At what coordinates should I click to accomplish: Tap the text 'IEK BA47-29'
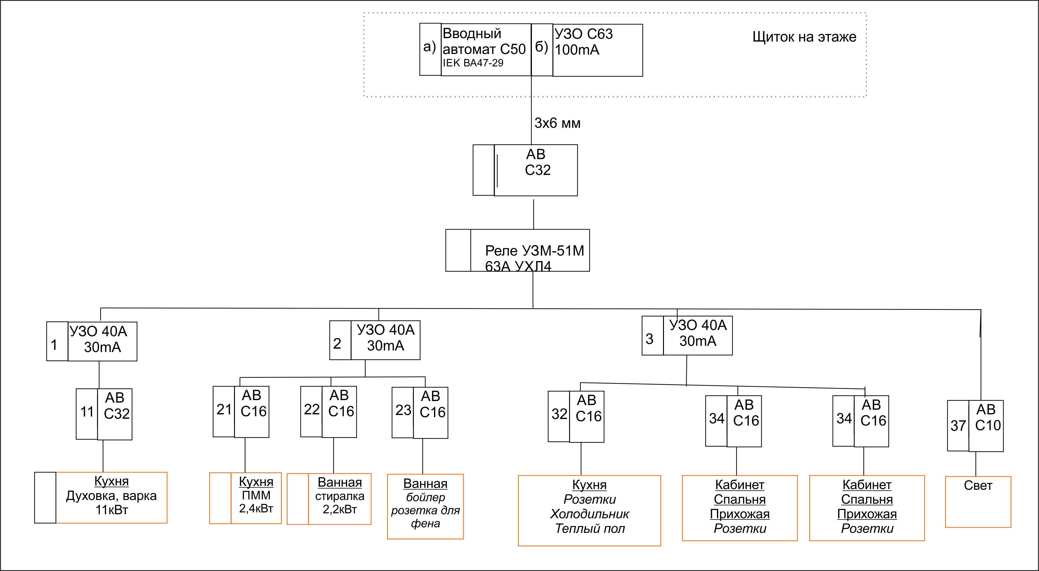473,63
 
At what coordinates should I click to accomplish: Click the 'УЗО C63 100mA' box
597,50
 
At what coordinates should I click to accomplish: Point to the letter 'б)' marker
541,47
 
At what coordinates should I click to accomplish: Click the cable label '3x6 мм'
557,123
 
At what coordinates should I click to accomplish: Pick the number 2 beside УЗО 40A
337,343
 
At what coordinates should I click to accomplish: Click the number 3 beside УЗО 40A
649,339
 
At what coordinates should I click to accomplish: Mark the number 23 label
403,410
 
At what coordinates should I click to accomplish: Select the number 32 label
559,414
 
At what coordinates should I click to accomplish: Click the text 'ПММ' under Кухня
256,495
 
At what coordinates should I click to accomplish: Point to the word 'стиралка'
340,496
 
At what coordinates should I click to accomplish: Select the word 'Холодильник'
589,514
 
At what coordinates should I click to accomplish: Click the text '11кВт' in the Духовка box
111,510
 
